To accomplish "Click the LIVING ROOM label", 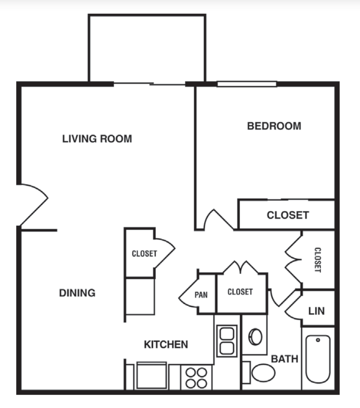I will point(97,139).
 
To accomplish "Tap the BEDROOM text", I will point(274,126).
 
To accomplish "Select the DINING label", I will point(77,293).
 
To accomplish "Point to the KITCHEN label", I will point(166,345).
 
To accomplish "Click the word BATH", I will point(284,359).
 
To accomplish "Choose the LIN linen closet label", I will point(316,311).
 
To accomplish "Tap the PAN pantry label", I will point(201,295).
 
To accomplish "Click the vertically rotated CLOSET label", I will point(317,260).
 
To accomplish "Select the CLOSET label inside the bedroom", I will point(288,215).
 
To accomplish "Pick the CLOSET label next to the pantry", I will point(240,292).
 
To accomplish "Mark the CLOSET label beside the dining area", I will point(144,254).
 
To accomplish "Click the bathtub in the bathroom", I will point(318,359).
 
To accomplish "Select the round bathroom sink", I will point(255,336).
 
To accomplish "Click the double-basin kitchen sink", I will point(226,341).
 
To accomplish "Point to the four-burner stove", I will point(197,377).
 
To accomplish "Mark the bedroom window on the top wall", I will point(247,84).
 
